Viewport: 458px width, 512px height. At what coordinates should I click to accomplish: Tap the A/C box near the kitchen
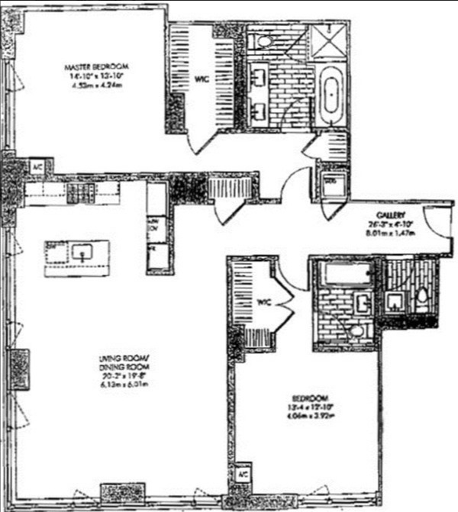pos(37,166)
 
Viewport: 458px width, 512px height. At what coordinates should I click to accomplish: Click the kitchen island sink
pos(83,250)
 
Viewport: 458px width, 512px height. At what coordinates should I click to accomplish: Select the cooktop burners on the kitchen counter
pos(79,194)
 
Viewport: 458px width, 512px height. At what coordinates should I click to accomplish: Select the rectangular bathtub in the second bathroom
pos(344,273)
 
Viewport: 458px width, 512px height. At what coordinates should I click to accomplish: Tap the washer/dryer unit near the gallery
pos(331,183)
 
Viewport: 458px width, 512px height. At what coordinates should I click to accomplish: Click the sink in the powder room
pos(396,301)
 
